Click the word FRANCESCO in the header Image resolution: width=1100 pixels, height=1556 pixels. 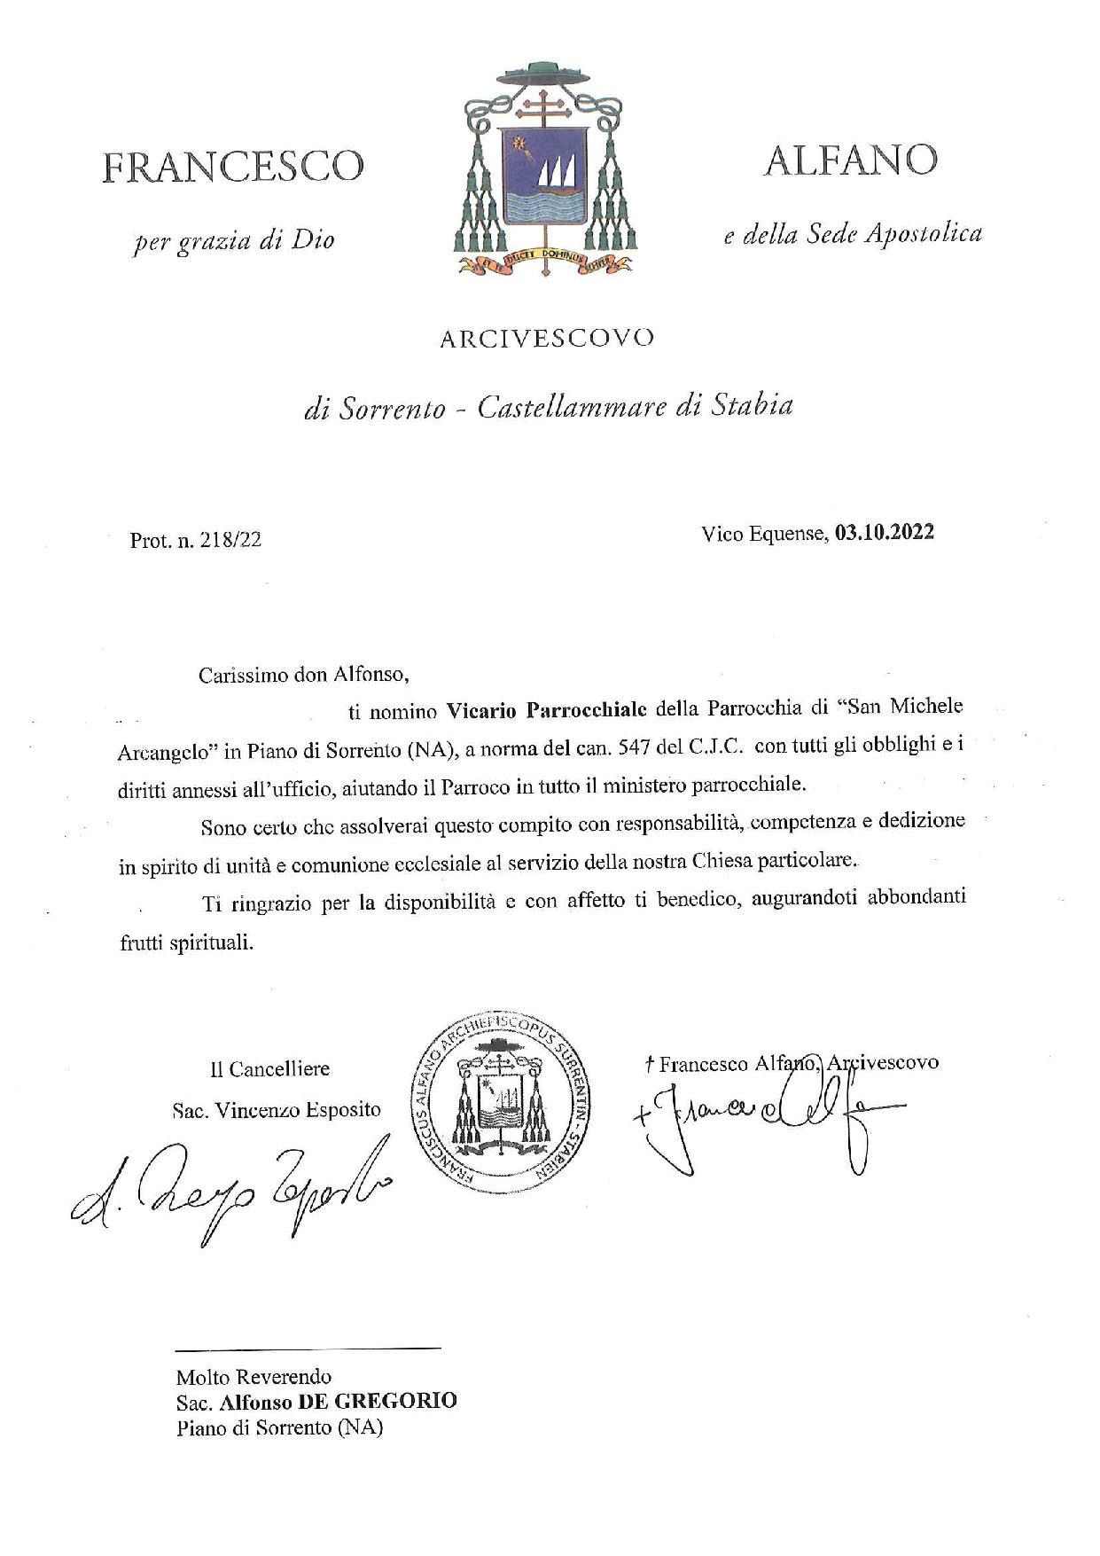pos(233,168)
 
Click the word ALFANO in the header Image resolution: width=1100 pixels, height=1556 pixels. pos(851,160)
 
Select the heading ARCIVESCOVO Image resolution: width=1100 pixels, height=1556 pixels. pos(547,339)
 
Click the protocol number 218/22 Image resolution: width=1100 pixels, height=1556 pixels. pos(233,540)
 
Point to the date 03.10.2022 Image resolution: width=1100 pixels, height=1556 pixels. pos(884,534)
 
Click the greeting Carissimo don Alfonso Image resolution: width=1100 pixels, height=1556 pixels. pos(304,675)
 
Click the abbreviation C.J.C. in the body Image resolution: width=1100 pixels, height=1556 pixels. pos(714,747)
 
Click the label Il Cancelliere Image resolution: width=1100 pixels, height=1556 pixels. pos(269,1069)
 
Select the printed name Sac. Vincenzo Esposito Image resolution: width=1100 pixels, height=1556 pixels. pos(276,1109)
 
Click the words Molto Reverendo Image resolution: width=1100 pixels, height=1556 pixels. pos(254,1377)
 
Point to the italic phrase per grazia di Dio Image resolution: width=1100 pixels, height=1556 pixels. pos(234,240)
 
